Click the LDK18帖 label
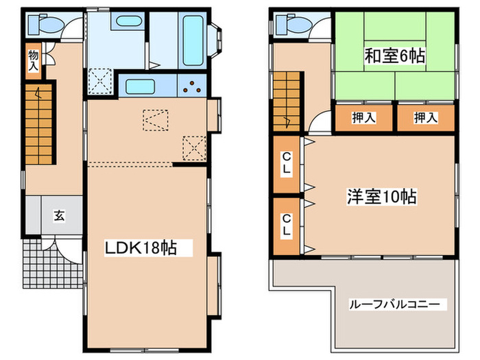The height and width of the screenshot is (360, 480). [x=141, y=248]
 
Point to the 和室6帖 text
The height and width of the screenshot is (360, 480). [x=394, y=56]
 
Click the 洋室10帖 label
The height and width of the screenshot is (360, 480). [x=381, y=197]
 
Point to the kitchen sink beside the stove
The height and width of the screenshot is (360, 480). [x=145, y=87]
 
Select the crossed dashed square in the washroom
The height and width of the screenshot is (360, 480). [x=101, y=81]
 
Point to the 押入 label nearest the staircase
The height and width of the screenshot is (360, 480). [x=364, y=117]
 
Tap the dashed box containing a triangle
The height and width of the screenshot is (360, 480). [x=154, y=121]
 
